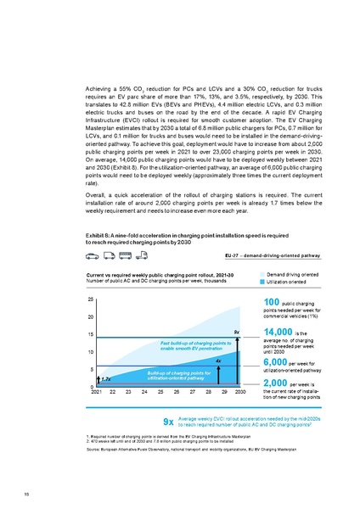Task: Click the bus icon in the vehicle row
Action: click(126, 230)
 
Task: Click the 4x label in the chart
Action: click(218, 361)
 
